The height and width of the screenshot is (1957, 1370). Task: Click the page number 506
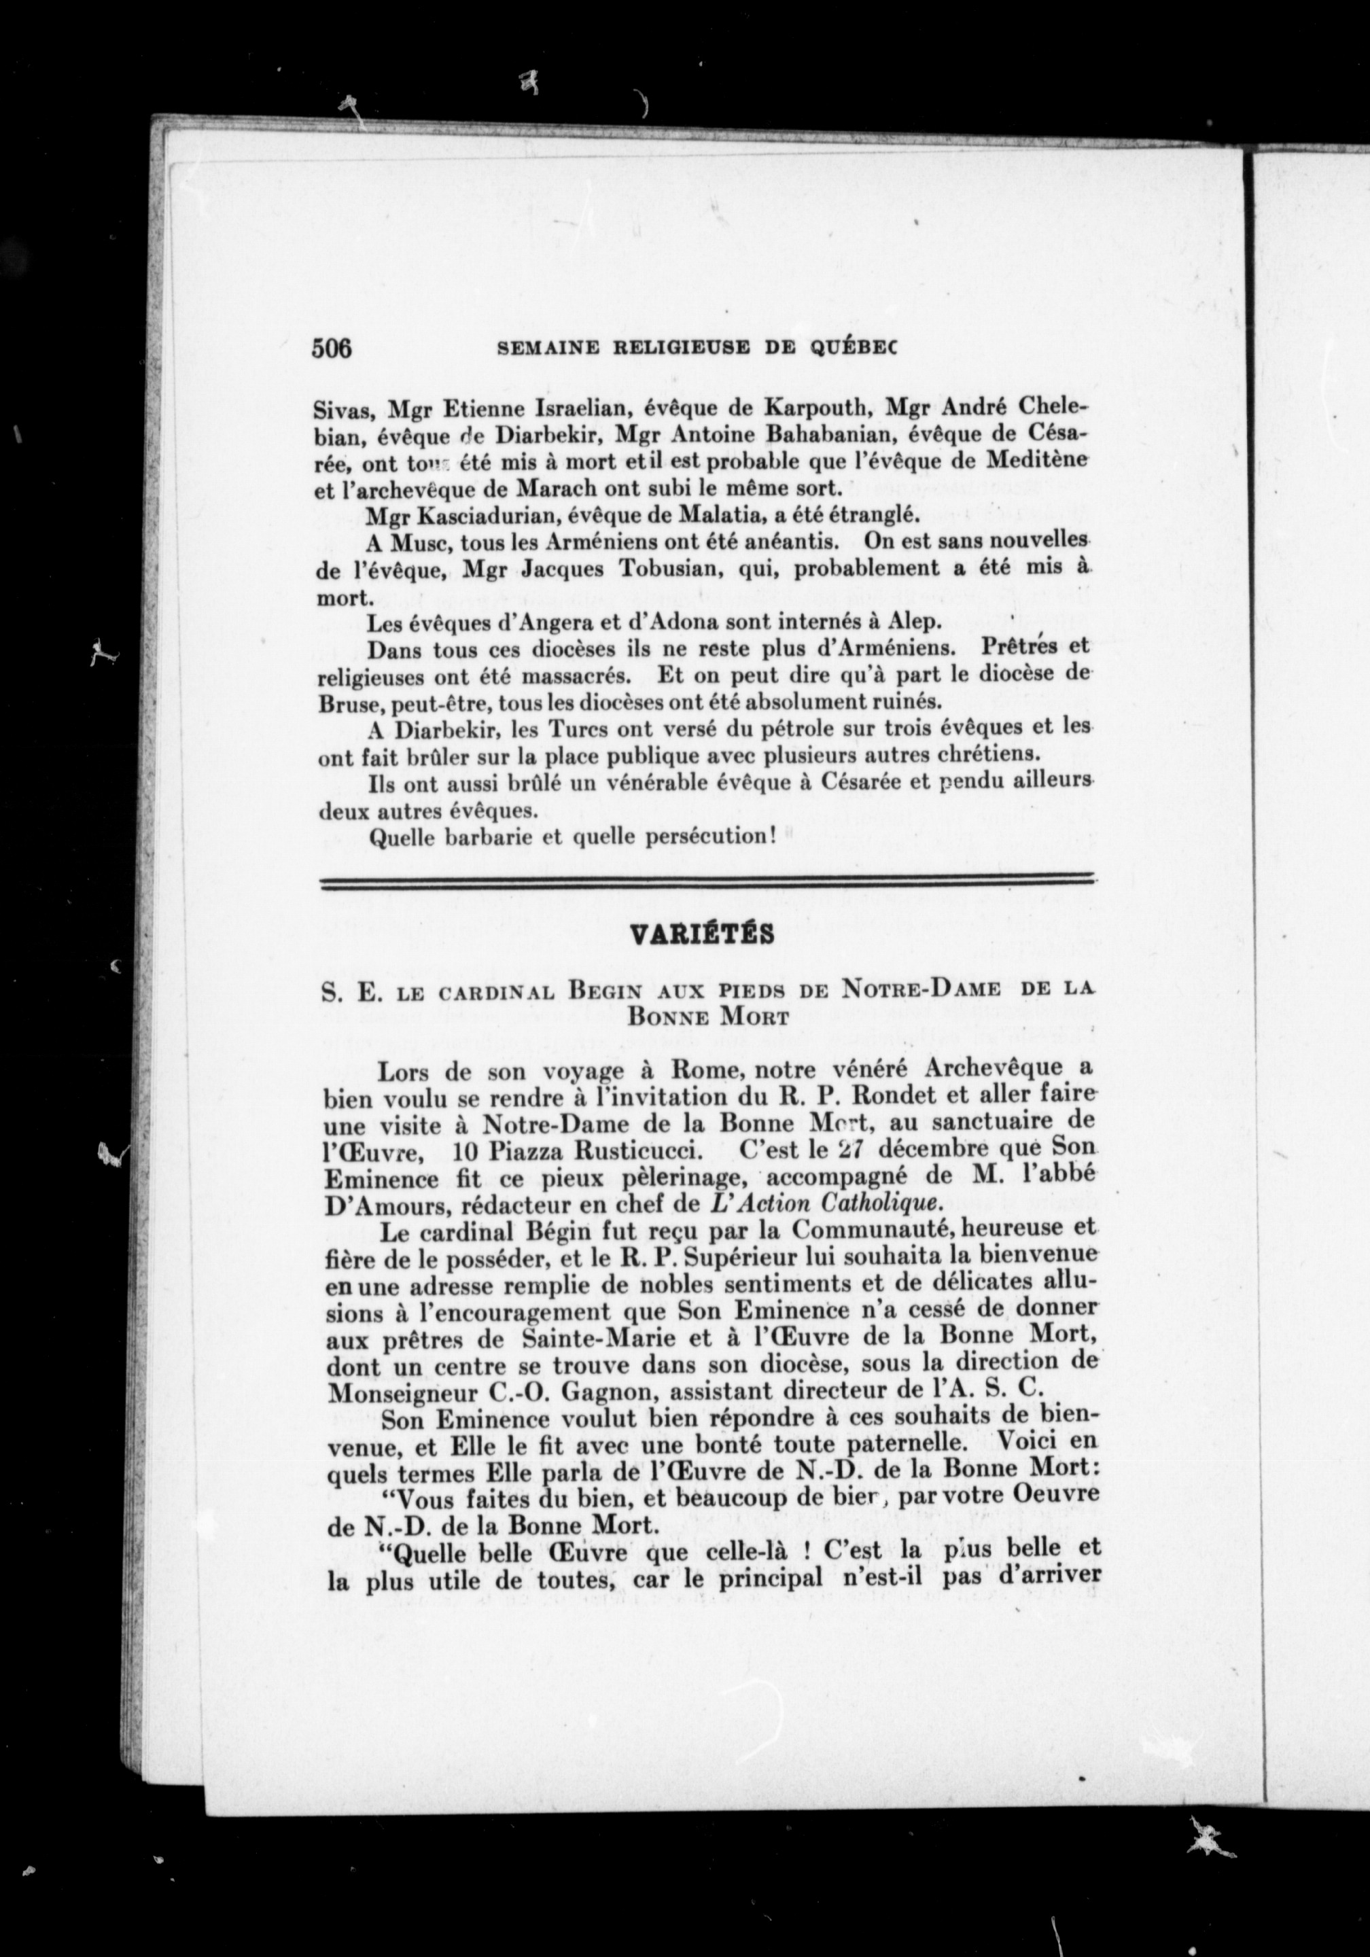tap(332, 349)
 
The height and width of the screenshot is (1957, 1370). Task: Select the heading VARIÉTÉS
tap(701, 935)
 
